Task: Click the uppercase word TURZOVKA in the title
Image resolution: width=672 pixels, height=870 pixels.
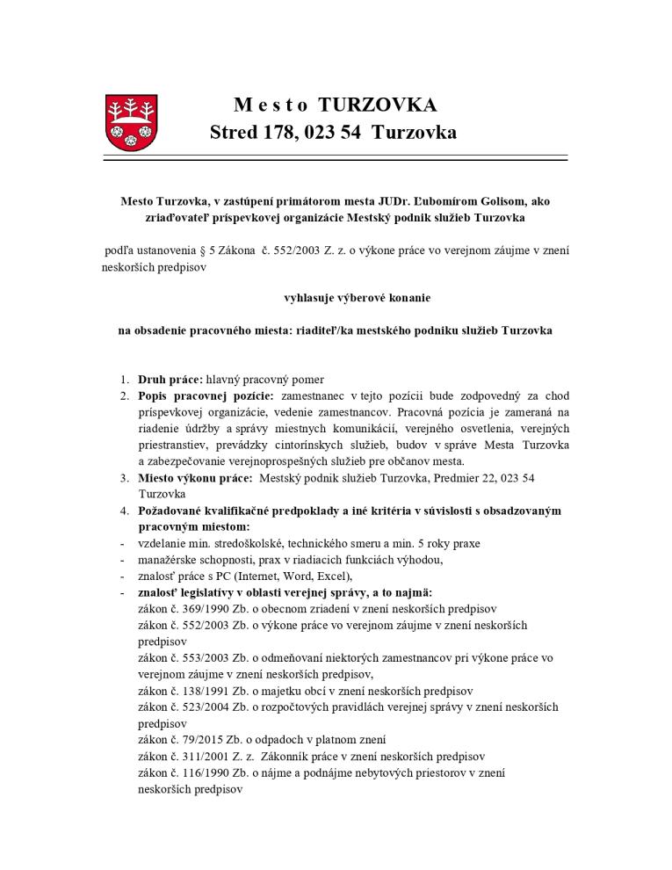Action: coord(377,105)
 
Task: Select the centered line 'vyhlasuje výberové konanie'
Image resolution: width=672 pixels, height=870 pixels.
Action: coord(357,298)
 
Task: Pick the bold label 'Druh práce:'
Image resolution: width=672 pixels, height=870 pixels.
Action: coord(170,380)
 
